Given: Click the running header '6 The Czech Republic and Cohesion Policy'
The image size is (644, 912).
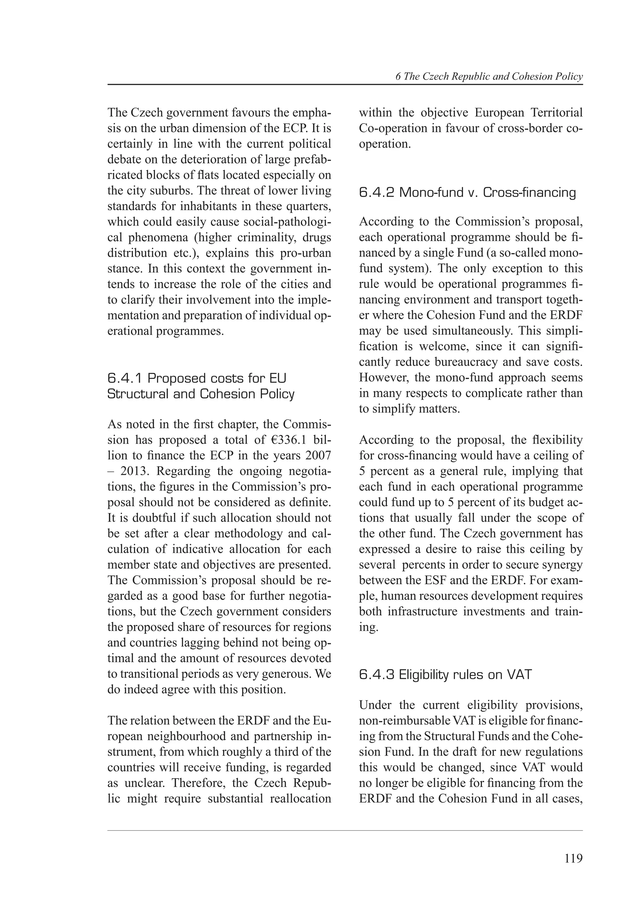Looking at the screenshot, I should pyautogui.click(x=489, y=77).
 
